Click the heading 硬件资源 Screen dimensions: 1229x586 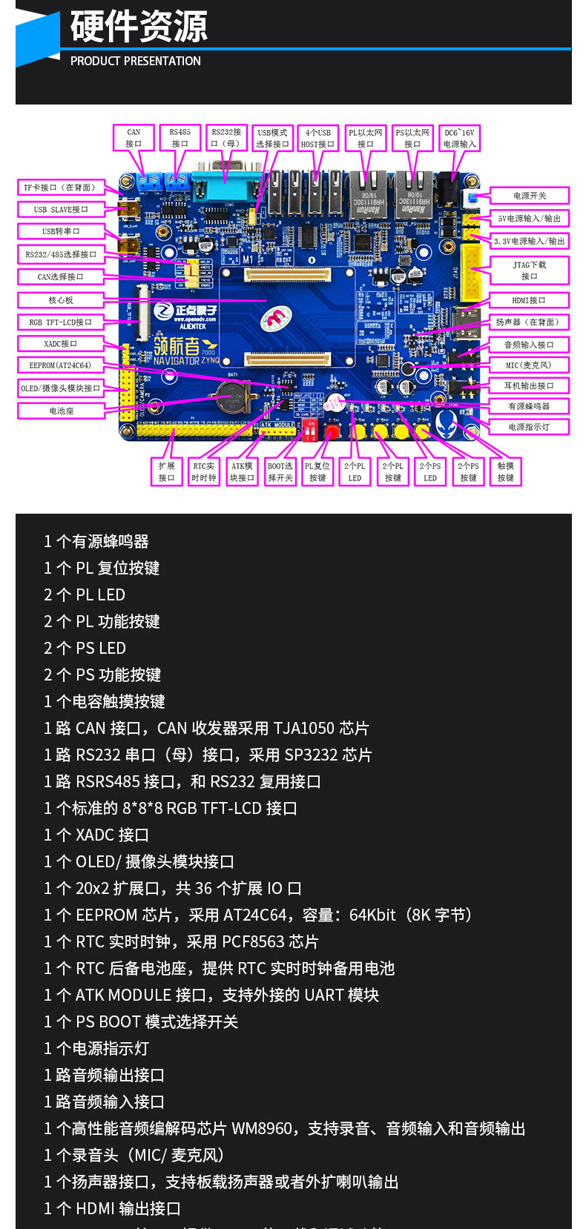(139, 27)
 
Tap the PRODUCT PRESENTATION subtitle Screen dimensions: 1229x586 (135, 61)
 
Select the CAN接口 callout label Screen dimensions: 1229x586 (134, 138)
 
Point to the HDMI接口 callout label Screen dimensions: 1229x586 (529, 300)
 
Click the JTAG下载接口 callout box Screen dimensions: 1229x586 (529, 270)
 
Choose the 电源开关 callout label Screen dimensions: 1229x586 (529, 196)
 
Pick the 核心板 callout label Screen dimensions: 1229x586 (61, 300)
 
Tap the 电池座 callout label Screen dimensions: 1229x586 (61, 411)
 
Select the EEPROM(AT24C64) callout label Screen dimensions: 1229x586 (60, 365)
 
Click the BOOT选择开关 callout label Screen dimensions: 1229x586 (280, 471)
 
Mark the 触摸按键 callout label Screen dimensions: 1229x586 (506, 471)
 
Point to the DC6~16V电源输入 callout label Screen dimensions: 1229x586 (459, 138)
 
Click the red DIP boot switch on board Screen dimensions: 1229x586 (310, 431)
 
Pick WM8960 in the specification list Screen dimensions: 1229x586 (262, 1128)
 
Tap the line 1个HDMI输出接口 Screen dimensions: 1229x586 (112, 1208)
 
